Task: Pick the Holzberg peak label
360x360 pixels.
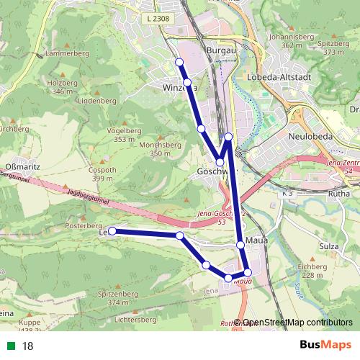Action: click(62, 83)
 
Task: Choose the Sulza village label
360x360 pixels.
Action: click(328, 246)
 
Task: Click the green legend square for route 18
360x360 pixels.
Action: click(9, 346)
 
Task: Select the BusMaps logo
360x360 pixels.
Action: click(326, 346)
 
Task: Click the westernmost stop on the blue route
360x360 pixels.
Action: click(112, 231)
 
